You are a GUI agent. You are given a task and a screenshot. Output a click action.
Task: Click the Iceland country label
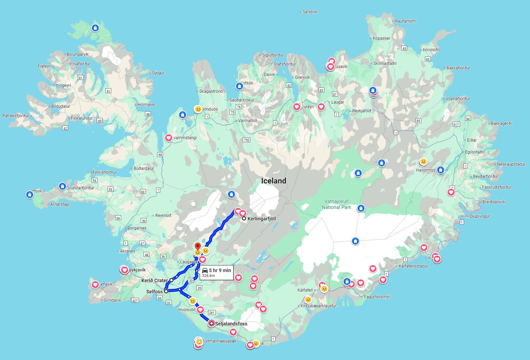coord(274,181)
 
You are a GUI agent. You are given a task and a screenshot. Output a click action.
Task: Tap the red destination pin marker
coord(198,246)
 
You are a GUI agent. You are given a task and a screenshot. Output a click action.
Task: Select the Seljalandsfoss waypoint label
coord(231,324)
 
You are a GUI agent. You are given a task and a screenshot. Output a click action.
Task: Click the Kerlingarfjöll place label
coord(262,219)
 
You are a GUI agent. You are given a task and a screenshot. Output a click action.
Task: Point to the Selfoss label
coord(154,292)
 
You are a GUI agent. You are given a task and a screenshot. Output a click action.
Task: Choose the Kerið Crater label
coord(154,280)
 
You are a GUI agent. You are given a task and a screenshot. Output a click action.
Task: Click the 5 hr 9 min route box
coord(216,272)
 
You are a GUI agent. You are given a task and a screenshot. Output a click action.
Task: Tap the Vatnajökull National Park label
coord(337,204)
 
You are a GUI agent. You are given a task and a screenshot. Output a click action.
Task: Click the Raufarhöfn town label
coord(405,21)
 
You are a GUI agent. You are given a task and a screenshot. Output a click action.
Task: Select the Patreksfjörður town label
coord(16,116)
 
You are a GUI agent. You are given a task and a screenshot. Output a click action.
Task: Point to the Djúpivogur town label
coord(480,216)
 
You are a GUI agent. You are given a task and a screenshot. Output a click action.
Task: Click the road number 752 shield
coord(246,140)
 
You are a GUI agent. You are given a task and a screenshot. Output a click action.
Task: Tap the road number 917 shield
coord(456,124)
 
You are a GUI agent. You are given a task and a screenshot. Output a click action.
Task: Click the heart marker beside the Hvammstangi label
coord(169,138)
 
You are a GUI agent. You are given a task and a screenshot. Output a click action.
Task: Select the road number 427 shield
coord(135,300)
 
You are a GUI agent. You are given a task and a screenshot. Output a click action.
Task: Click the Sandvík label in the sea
coord(310,12)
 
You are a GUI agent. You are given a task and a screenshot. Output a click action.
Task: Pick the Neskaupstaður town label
coord(511,164)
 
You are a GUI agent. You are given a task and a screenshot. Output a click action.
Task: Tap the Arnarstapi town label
coord(60,204)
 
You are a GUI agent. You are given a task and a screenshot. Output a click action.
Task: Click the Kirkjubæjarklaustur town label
coord(318,306)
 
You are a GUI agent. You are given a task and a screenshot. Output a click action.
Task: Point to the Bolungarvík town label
coord(78,54)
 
